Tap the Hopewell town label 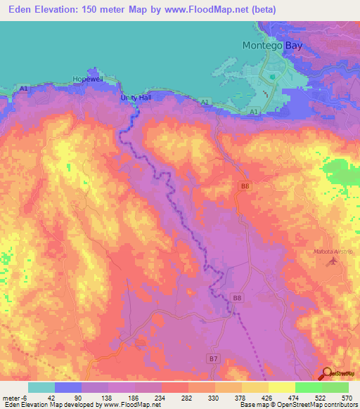[88, 79]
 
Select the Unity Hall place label [136, 98]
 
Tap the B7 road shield [214, 358]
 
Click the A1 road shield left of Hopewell [24, 89]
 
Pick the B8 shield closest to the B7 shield [237, 299]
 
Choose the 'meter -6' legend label [14, 398]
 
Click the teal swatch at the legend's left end [41, 387]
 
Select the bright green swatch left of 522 [308, 387]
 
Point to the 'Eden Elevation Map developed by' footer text [48, 405]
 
